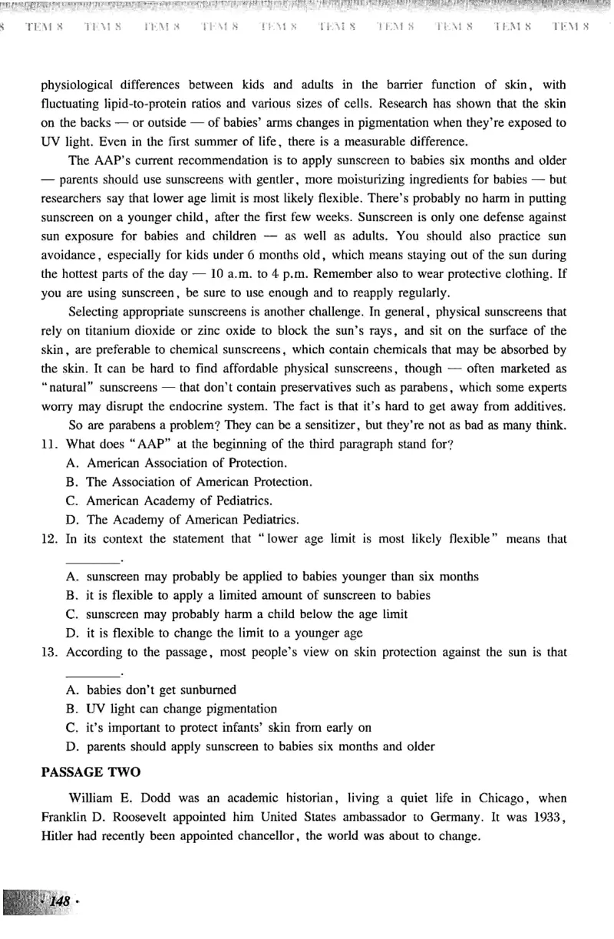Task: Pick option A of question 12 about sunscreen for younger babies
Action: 272,577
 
